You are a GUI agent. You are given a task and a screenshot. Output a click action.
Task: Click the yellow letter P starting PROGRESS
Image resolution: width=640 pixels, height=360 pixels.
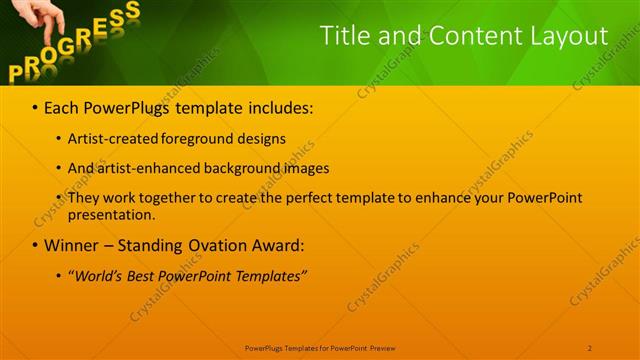(x=17, y=71)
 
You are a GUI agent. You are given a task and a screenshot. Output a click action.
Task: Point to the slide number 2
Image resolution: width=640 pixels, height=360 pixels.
(x=590, y=347)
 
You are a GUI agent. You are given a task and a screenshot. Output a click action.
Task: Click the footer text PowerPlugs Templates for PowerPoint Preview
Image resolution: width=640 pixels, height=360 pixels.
(x=320, y=347)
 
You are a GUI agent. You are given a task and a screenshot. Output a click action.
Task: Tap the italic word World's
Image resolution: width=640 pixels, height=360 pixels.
(x=97, y=275)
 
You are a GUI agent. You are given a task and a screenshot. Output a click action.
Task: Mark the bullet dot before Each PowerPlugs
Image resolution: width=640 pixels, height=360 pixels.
(x=35, y=106)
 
